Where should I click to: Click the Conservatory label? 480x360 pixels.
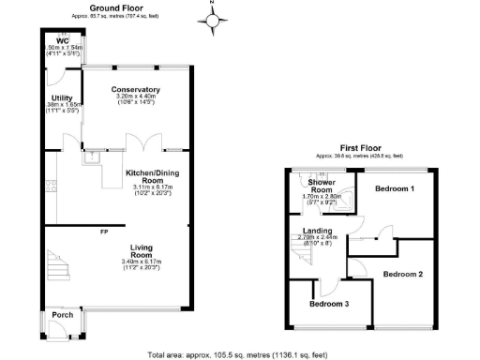click(x=138, y=89)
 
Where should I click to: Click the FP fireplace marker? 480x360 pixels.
click(x=105, y=229)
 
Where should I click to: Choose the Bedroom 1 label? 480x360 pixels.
click(x=395, y=188)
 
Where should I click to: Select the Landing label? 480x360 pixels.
click(x=316, y=232)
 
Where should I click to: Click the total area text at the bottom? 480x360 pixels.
click(x=240, y=354)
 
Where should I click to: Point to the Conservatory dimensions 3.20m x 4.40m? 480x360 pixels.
click(x=138, y=97)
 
